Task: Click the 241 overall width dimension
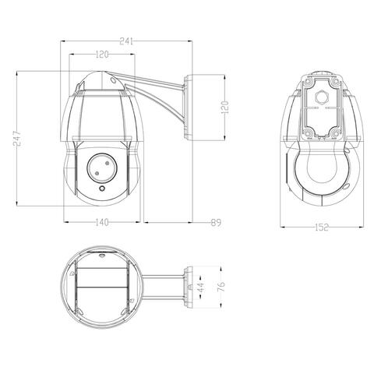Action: pos(126,41)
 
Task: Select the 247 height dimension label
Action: pos(16,139)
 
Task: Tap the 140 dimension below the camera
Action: pos(101,222)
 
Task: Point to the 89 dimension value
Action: pos(216,223)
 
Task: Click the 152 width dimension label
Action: pos(322,228)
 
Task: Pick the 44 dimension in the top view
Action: pos(201,287)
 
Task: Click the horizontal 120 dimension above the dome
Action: pos(102,55)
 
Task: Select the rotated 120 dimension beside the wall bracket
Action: pos(225,108)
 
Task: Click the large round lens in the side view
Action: pos(102,168)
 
